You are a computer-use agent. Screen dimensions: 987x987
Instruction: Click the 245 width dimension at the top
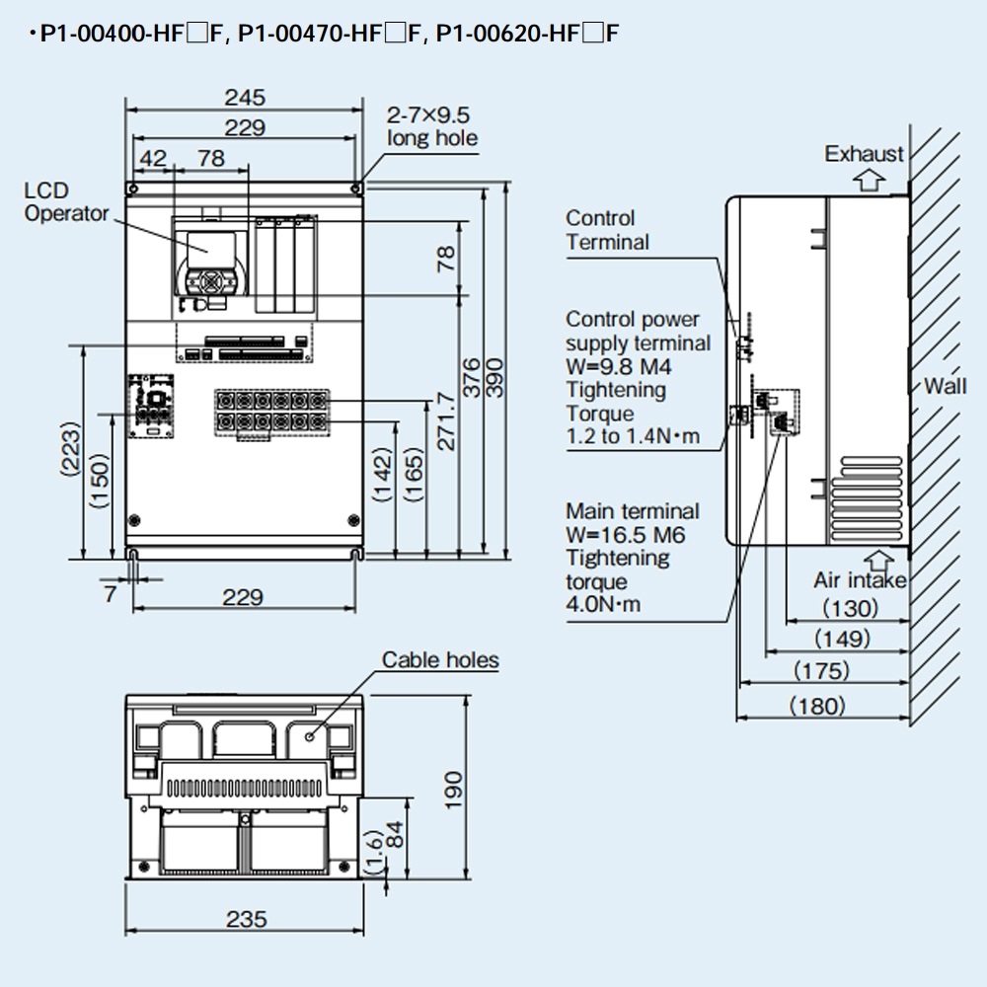point(245,97)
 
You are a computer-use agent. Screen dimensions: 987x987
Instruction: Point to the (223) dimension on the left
point(69,450)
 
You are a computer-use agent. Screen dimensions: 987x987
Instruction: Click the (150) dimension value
point(98,482)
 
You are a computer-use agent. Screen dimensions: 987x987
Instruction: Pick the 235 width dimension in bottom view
point(246,919)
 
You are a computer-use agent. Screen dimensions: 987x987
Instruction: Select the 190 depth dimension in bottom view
point(451,789)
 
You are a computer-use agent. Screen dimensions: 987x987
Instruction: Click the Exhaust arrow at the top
point(868,179)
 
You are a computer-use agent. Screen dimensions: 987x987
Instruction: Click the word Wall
point(945,385)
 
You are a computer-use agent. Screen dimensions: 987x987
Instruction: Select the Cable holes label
point(440,659)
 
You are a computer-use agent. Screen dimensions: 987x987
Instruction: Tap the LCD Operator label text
point(66,202)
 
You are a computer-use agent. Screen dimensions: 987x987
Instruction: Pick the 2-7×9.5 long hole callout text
point(431,126)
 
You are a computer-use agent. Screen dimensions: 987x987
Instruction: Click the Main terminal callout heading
point(632,511)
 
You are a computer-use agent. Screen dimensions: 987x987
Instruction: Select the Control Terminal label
point(607,230)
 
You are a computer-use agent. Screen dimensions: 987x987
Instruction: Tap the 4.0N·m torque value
point(603,604)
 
